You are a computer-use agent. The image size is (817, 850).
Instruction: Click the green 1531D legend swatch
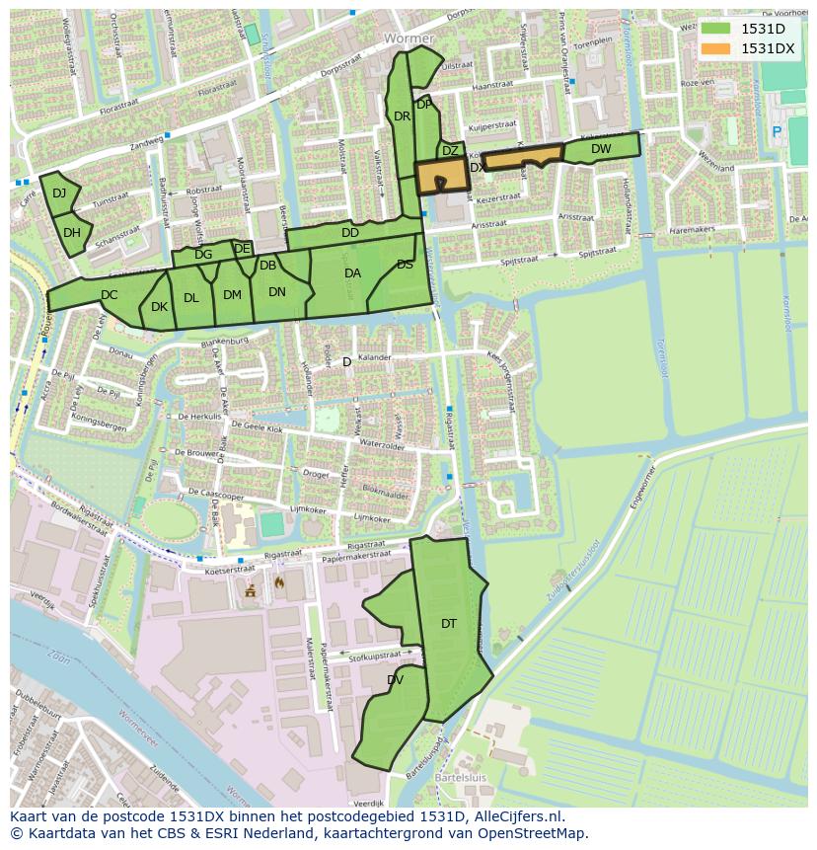717,29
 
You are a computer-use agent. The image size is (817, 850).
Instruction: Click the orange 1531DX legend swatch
717,48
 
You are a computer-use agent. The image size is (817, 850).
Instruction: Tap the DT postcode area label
449,623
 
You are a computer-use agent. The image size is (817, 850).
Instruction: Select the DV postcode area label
395,680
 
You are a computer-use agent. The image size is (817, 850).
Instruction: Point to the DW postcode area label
601,149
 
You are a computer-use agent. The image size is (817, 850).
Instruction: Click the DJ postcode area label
59,193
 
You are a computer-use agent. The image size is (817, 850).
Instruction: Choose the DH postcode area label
71,233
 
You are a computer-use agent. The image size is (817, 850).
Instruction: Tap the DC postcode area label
109,294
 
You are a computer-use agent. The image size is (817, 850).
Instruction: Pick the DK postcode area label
159,307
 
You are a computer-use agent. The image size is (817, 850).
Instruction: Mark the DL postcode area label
191,298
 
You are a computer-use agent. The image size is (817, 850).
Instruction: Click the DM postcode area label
232,294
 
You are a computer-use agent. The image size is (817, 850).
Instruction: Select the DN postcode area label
277,291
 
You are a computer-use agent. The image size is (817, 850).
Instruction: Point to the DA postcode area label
352,273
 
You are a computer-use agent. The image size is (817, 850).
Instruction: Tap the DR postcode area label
402,116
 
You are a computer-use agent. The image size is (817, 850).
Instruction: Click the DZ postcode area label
450,151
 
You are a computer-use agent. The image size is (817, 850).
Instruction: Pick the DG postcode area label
203,255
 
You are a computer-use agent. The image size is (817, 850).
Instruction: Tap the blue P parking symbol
777,130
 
